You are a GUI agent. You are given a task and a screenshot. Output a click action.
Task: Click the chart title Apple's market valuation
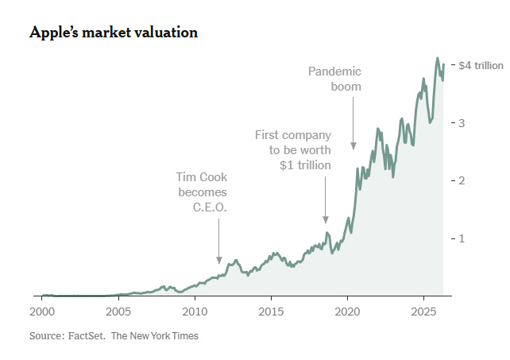113,33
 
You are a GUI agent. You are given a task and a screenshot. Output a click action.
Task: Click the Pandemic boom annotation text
334,79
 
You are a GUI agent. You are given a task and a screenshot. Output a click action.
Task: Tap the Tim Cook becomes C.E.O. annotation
202,192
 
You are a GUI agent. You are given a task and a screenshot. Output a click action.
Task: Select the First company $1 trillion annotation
292,150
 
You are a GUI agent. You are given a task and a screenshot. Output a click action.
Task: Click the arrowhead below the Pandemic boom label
354,145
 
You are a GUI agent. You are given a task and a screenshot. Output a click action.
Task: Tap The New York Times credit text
155,336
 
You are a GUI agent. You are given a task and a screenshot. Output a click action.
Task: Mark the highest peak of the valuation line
437,58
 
